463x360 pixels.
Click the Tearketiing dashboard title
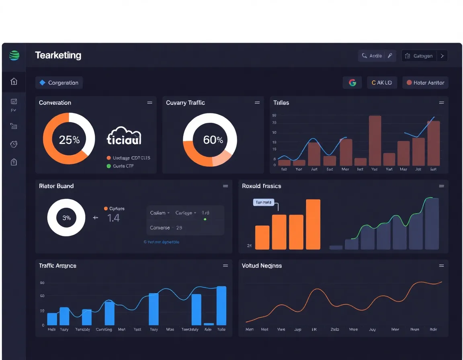(x=58, y=55)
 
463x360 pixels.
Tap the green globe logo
(x=14, y=55)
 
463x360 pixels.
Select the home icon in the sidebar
(x=14, y=82)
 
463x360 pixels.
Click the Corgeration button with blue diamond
(x=59, y=83)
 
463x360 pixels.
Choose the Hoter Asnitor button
(x=425, y=83)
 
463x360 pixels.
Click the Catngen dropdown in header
(x=424, y=56)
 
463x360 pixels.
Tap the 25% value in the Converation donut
(x=69, y=140)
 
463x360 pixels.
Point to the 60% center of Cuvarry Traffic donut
(x=213, y=140)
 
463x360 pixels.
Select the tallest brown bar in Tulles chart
(x=375, y=141)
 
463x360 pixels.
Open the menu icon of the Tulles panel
(x=441, y=103)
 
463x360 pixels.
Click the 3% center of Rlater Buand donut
(x=66, y=218)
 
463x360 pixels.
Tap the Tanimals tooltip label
(x=263, y=202)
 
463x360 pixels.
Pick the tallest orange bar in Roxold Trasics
(x=313, y=224)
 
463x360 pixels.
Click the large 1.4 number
(x=113, y=218)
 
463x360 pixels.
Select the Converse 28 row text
(x=166, y=227)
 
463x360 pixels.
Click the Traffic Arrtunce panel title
(x=57, y=266)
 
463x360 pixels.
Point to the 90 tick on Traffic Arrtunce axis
(x=42, y=283)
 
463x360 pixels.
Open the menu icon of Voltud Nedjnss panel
(x=441, y=266)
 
